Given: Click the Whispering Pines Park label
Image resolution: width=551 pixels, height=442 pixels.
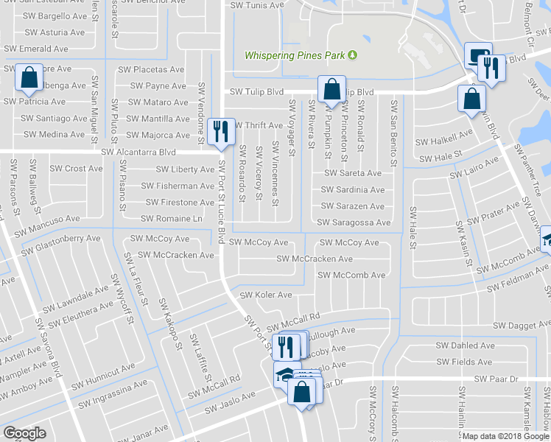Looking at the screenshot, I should (295, 55).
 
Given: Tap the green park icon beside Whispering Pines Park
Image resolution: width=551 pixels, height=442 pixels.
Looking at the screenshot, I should (352, 55).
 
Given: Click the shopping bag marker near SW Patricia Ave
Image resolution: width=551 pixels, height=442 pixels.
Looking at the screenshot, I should (28, 78).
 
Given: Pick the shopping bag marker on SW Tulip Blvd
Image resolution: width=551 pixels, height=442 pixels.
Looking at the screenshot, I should (331, 90).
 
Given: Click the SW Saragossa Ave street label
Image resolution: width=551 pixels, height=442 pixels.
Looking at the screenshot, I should (354, 222).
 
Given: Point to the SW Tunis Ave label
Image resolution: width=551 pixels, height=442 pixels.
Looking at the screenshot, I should (255, 5).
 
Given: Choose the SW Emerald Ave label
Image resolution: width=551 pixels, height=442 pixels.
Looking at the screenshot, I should (36, 49).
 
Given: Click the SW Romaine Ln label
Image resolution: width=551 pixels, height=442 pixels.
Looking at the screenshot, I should (172, 219).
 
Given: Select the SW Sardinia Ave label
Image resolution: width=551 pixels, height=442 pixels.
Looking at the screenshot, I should (352, 190).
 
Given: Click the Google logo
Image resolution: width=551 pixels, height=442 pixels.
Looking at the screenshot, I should (24, 433).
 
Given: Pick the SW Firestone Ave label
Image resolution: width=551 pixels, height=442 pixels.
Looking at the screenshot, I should (180, 203).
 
